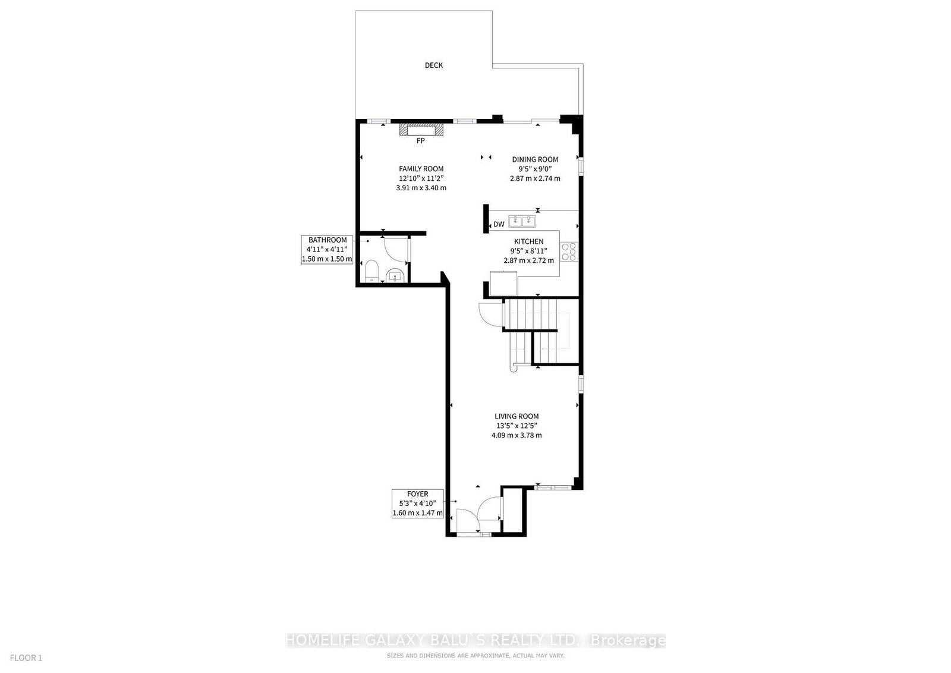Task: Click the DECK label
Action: pyautogui.click(x=433, y=65)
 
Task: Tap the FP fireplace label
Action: pyautogui.click(x=420, y=140)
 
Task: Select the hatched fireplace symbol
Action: pyautogui.click(x=421, y=129)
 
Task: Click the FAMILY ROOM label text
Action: pyautogui.click(x=421, y=169)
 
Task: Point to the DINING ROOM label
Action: pyautogui.click(x=535, y=159)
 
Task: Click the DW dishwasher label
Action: pyautogui.click(x=499, y=224)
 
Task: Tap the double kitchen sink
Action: pyautogui.click(x=522, y=221)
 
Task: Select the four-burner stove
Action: pyautogui.click(x=569, y=251)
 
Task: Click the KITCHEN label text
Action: pyautogui.click(x=528, y=241)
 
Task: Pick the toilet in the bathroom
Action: pyautogui.click(x=371, y=271)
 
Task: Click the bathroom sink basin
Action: pyautogui.click(x=396, y=276)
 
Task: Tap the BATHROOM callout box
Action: pyautogui.click(x=327, y=249)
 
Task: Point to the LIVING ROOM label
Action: pyautogui.click(x=517, y=416)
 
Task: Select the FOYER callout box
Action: pyautogui.click(x=418, y=503)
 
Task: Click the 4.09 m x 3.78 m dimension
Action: pyautogui.click(x=517, y=435)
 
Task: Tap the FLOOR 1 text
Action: pyautogui.click(x=26, y=658)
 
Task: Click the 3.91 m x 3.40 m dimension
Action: pyautogui.click(x=421, y=188)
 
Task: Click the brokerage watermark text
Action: pyautogui.click(x=475, y=640)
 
